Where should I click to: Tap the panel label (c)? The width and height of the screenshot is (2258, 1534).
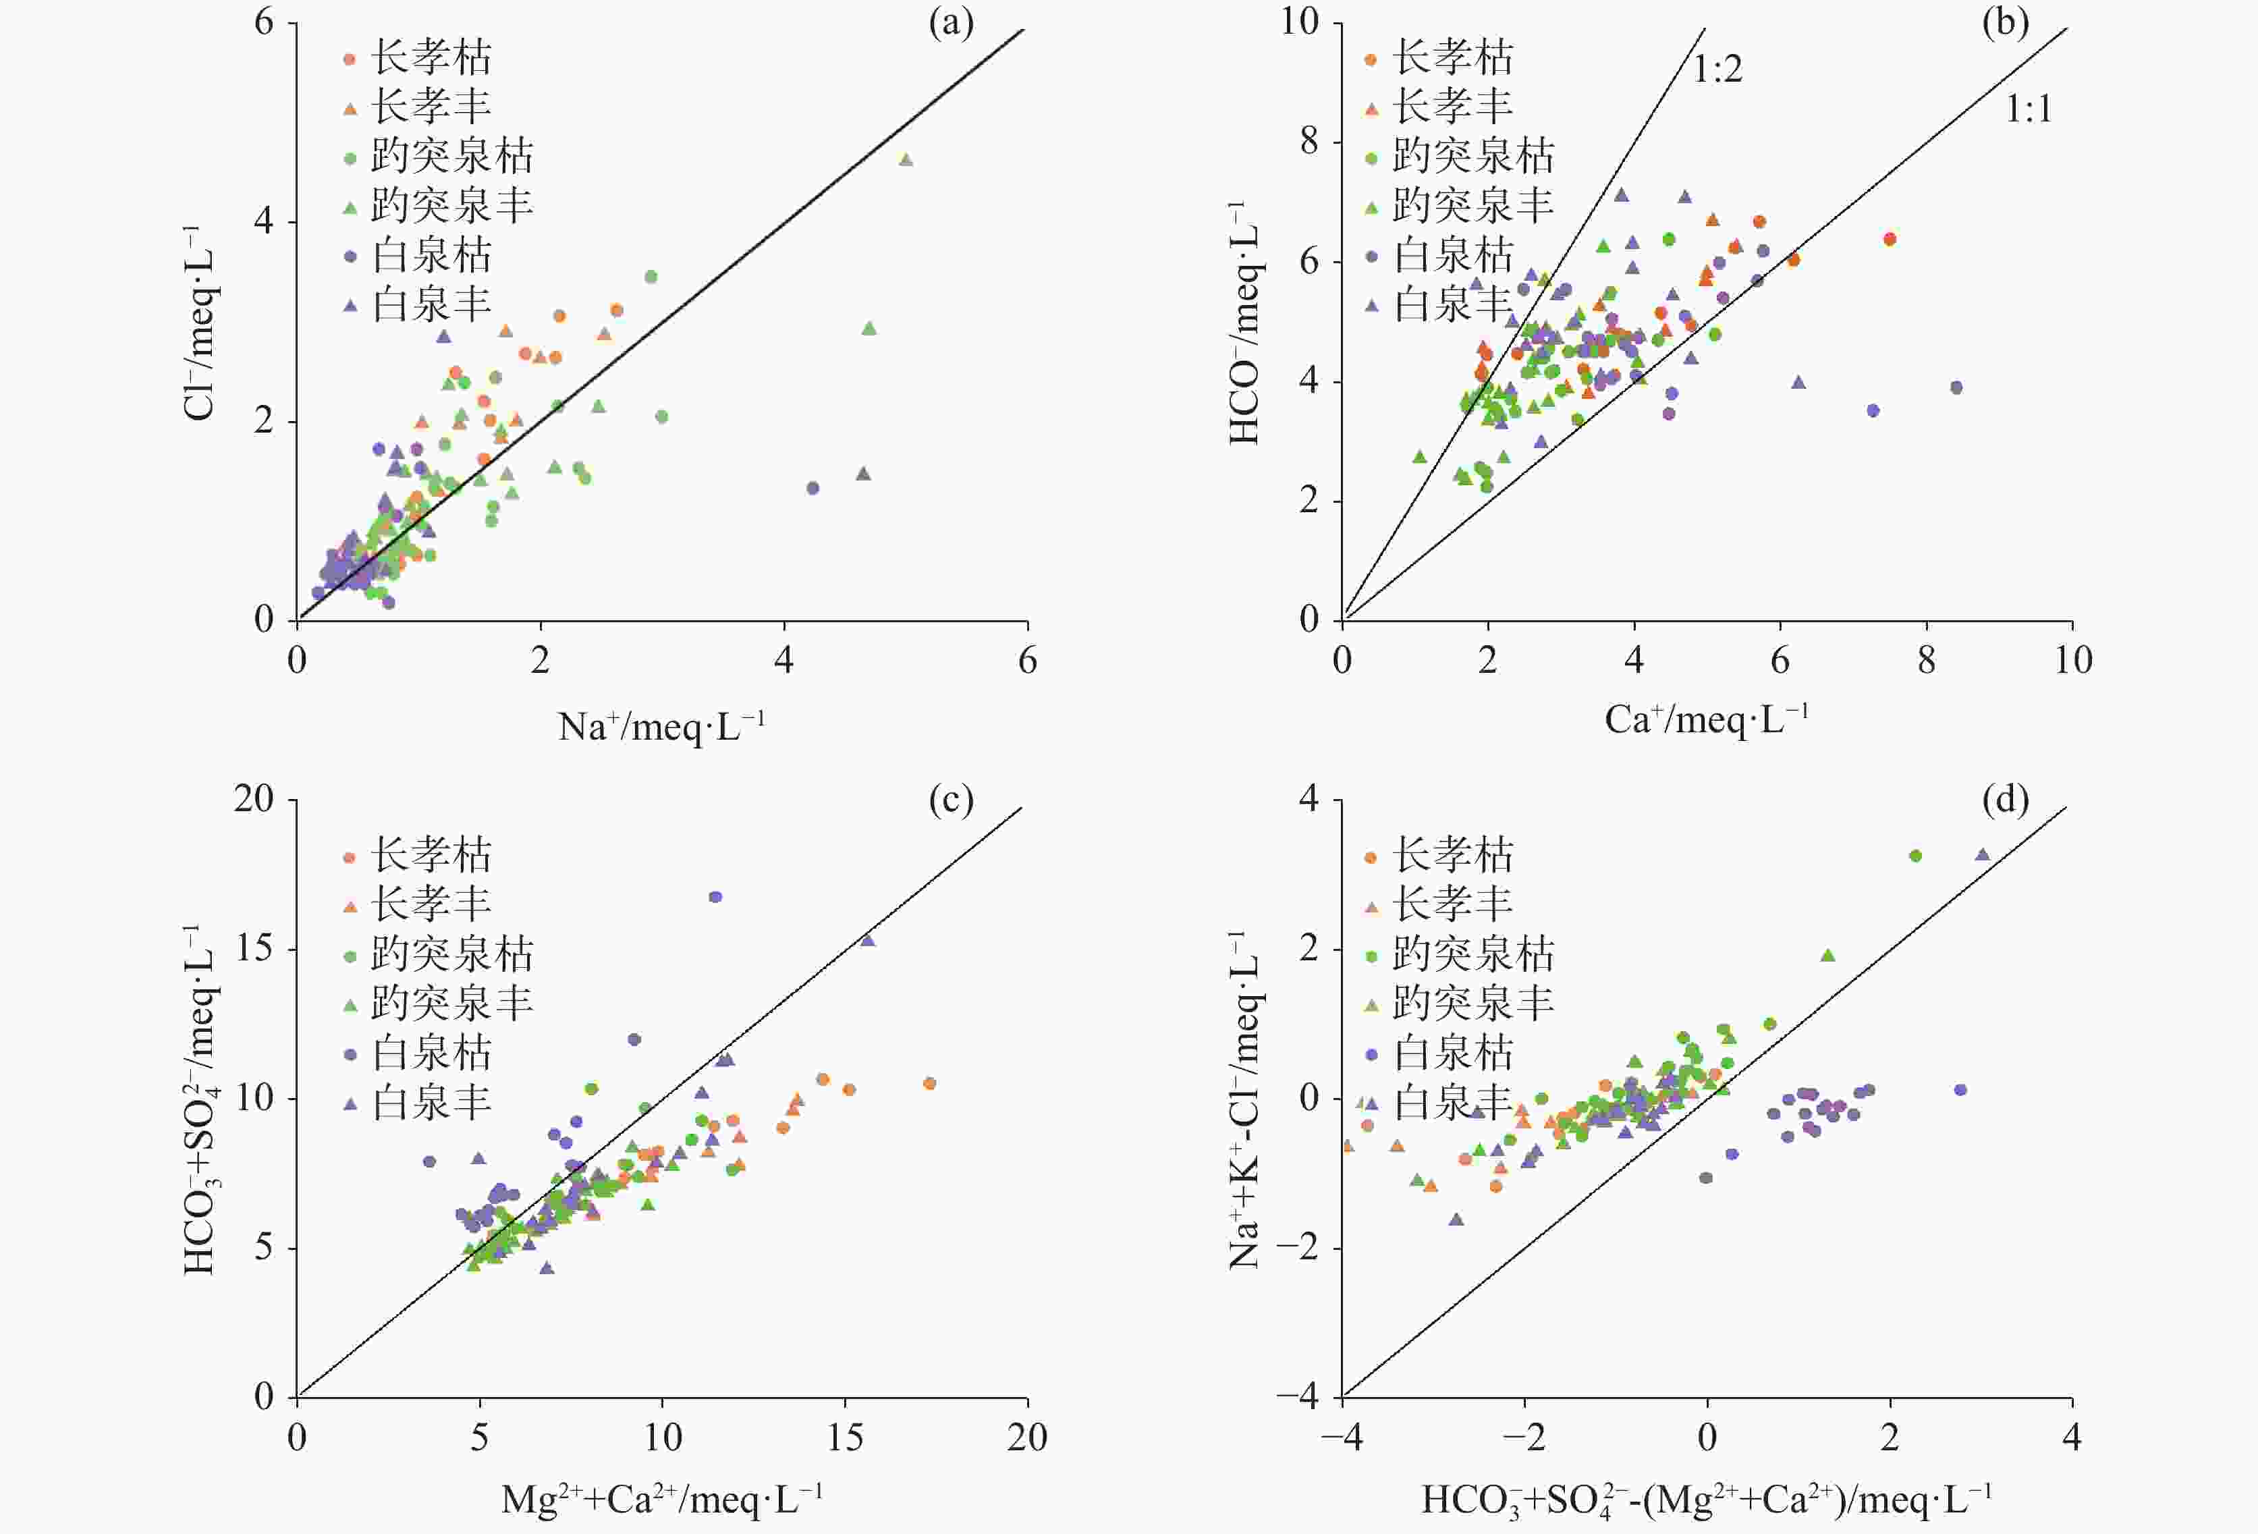(950, 800)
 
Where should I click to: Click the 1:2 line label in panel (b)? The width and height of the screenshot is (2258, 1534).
(1717, 70)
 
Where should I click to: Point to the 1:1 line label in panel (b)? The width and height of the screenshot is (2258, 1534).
(2029, 110)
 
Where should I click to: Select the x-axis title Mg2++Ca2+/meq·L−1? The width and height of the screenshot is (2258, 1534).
(661, 1499)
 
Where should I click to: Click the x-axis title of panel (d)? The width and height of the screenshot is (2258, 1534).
(1706, 1499)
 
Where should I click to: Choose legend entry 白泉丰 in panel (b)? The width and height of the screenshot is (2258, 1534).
(1452, 305)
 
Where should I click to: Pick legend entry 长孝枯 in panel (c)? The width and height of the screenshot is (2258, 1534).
(431, 855)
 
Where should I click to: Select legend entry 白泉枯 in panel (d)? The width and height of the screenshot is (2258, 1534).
(1452, 1052)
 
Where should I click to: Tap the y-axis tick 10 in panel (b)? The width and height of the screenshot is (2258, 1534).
(1300, 22)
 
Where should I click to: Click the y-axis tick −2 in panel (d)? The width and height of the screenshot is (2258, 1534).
(1297, 1247)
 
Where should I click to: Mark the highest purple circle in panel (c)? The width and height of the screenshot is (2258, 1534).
(715, 897)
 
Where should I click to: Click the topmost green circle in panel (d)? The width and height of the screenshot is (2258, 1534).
(1915, 856)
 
